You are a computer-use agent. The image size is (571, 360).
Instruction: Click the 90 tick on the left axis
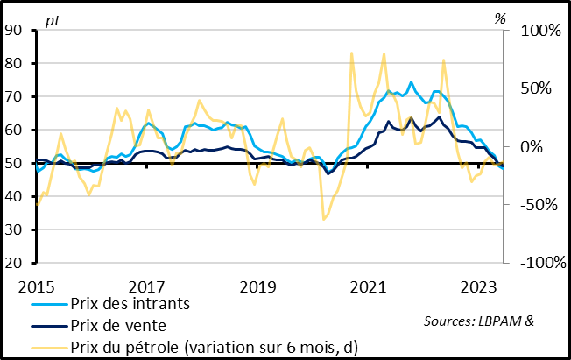point(15,30)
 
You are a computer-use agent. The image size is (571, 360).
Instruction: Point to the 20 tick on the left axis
point(15,263)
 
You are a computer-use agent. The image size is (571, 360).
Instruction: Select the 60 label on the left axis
point(15,130)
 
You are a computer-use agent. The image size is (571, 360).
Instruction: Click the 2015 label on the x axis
point(36,286)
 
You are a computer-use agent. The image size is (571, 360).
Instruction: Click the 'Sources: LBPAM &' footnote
point(478,321)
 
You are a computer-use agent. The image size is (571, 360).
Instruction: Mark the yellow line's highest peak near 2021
point(351,53)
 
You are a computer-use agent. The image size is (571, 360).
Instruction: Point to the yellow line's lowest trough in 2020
point(323,219)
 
